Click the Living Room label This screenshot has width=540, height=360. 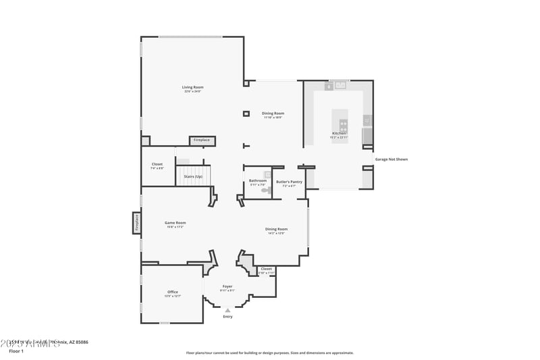(x=192, y=87)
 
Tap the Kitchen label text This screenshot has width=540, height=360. (x=338, y=133)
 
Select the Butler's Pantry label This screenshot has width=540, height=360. (x=289, y=182)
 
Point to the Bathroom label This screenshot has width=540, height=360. (x=258, y=181)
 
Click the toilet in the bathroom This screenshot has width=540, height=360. (x=265, y=191)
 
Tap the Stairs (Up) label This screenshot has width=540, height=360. (x=193, y=176)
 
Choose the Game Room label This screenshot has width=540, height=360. (x=175, y=223)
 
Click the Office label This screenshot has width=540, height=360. (x=173, y=292)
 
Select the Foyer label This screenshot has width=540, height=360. (x=227, y=286)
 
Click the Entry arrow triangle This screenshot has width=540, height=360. (x=227, y=310)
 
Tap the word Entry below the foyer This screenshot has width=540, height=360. (x=227, y=316)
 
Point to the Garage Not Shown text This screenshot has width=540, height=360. (x=391, y=159)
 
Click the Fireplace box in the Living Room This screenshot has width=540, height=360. (x=202, y=140)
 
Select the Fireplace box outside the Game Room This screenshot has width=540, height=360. (x=136, y=222)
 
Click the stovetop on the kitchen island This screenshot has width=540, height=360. (x=344, y=124)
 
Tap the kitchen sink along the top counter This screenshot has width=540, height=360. (x=341, y=85)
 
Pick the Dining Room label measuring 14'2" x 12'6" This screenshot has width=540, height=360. (x=275, y=229)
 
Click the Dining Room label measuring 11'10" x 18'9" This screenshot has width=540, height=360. (x=273, y=113)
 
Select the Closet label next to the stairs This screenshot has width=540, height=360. (x=157, y=164)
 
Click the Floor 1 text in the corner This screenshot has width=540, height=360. (x=16, y=351)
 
